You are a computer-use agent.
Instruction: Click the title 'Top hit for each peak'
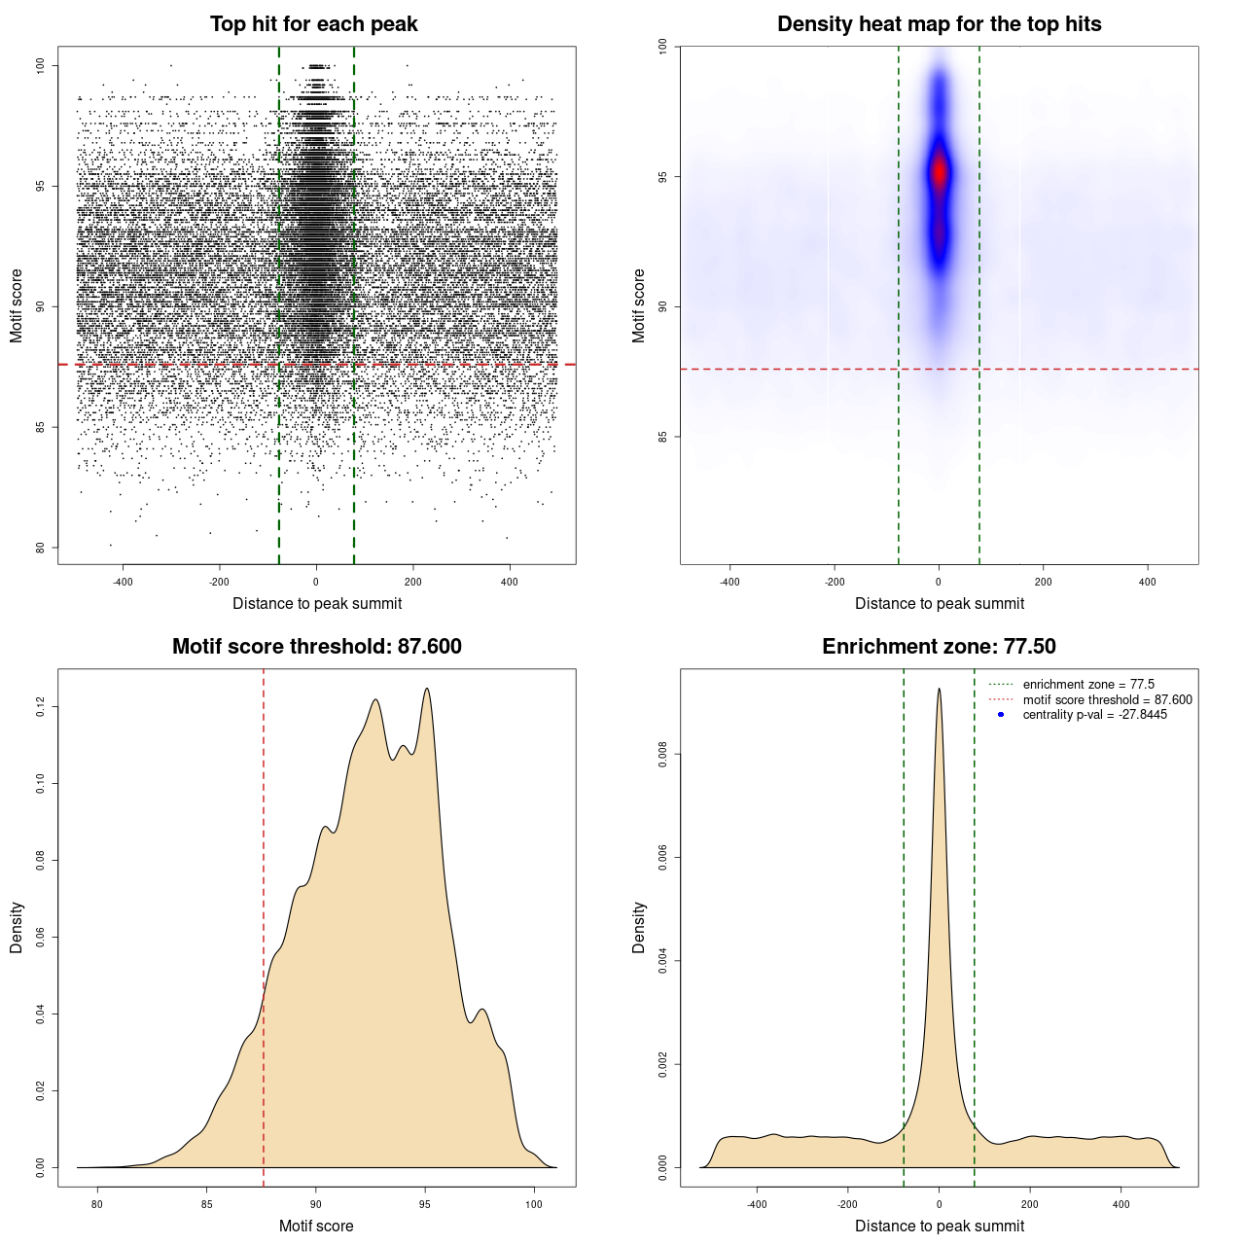313,24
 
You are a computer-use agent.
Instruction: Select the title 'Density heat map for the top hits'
939,24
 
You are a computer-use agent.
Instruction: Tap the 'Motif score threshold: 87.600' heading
316,647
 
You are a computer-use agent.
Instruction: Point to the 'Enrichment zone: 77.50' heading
939,647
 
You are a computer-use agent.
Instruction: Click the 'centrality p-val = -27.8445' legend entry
1094,715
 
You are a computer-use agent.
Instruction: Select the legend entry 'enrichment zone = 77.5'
1088,685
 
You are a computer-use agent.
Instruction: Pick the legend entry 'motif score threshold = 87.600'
1107,700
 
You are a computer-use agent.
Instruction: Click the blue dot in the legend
1001,715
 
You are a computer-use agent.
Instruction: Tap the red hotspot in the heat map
939,173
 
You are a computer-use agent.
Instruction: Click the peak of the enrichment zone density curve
939,689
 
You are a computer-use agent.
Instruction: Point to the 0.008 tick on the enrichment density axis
662,754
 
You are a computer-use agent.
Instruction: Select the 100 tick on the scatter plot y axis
40,65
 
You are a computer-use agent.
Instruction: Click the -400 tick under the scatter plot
123,582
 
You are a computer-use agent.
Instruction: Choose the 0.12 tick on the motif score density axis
40,706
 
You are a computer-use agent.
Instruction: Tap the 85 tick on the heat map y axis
662,437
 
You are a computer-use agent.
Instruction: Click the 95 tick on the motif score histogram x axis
424,1204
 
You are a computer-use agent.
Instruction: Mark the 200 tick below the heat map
1044,582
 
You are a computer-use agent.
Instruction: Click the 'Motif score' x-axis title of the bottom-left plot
316,1226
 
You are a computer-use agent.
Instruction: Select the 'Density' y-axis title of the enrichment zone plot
639,927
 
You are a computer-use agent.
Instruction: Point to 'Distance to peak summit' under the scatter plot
317,604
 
